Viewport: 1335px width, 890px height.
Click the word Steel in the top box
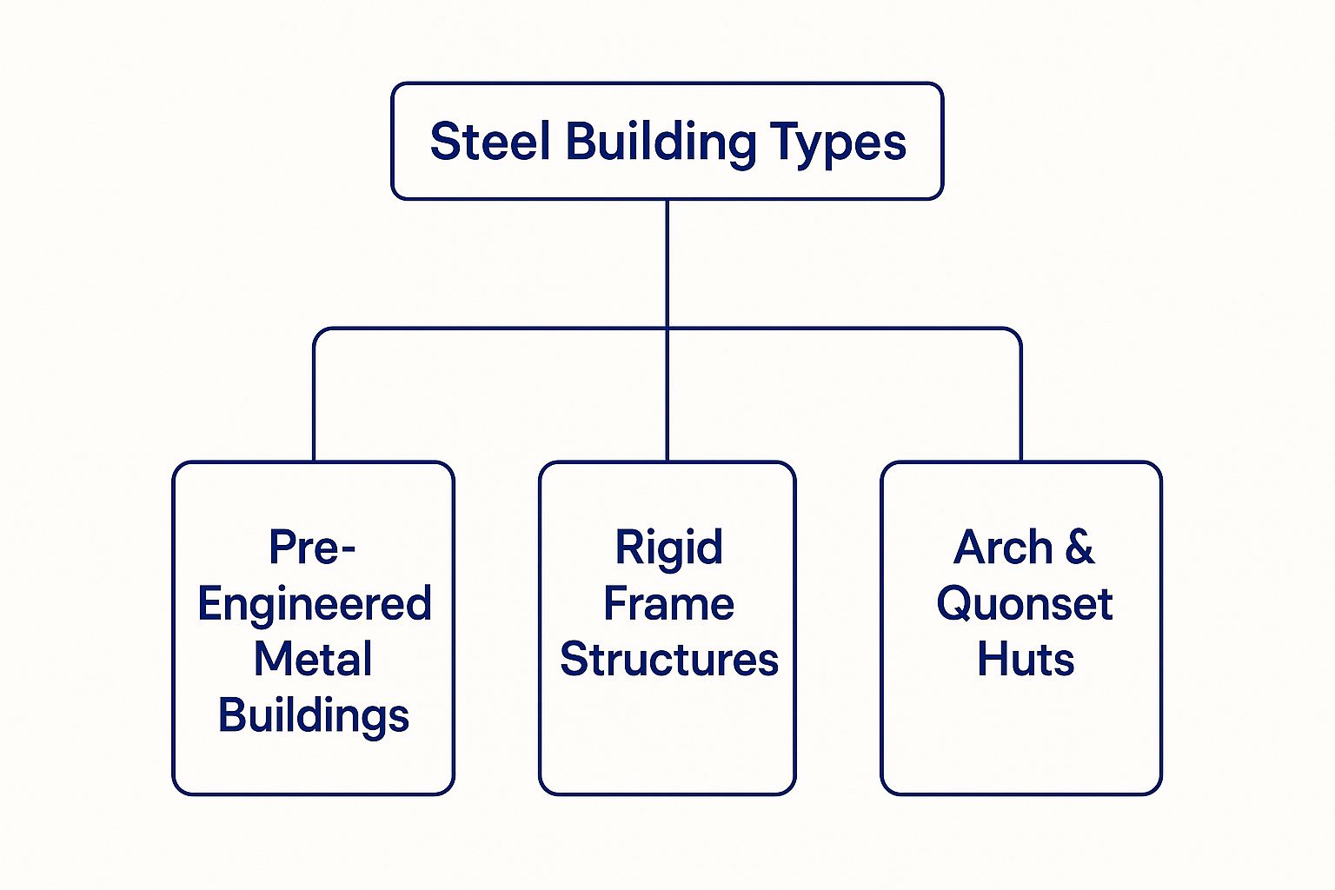click(x=490, y=142)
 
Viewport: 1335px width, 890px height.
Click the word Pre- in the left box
click(x=312, y=548)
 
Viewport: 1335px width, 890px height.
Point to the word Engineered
click(x=314, y=604)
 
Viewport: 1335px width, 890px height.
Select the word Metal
click(x=313, y=659)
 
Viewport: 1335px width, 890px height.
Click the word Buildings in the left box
click(x=313, y=716)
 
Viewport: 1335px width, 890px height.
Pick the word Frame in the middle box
click(x=668, y=604)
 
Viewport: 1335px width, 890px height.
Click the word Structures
click(x=668, y=660)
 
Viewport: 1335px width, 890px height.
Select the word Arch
click(x=1003, y=548)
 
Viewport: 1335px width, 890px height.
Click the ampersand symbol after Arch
click(x=1079, y=548)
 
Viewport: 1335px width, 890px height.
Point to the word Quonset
click(x=1024, y=604)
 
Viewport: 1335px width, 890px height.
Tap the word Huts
click(x=1025, y=660)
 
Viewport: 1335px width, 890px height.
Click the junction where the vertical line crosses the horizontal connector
click(x=667, y=329)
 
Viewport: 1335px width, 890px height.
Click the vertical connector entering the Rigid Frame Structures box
click(x=667, y=408)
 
